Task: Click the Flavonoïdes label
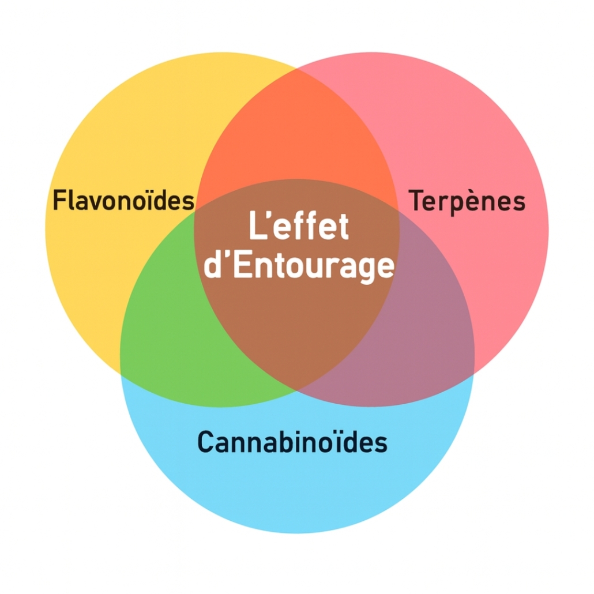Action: (123, 200)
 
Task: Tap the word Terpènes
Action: (467, 200)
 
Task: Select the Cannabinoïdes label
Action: (292, 442)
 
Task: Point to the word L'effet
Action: (299, 227)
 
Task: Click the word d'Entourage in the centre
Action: (299, 266)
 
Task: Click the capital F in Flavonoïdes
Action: (58, 200)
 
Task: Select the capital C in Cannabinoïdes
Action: (206, 442)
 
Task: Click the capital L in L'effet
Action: (256, 227)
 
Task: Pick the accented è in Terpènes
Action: (472, 201)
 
